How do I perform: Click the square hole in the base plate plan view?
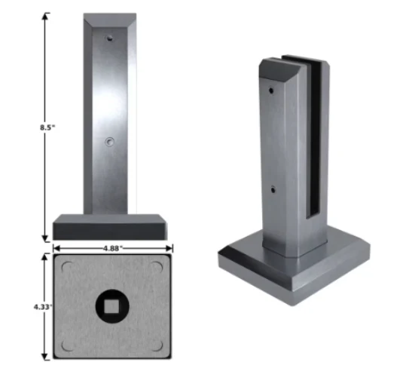click(x=113, y=305)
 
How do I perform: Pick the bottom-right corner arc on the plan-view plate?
click(x=158, y=346)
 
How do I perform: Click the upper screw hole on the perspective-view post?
click(x=271, y=90)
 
